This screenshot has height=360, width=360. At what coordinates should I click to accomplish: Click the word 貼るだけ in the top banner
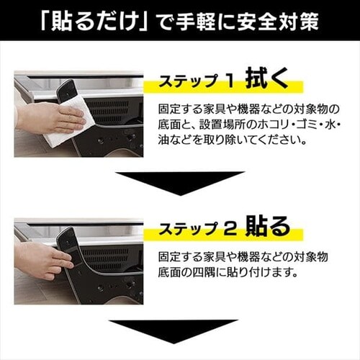[93, 22]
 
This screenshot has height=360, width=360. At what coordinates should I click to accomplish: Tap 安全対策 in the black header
[278, 22]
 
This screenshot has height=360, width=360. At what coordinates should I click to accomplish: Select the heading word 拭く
[267, 78]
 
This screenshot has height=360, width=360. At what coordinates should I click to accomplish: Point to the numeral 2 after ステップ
[230, 229]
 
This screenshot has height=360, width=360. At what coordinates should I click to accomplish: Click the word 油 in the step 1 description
[163, 140]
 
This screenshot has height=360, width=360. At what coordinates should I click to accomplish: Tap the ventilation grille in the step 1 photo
[107, 112]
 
